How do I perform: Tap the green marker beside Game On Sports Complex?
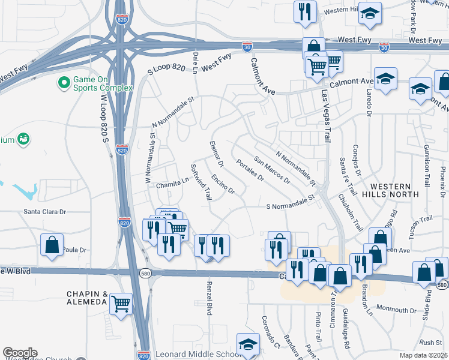(62, 81)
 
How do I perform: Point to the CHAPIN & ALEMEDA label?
(87, 299)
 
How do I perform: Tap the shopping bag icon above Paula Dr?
(52, 244)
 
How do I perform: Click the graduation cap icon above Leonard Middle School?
(247, 344)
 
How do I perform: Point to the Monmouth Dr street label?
(397, 310)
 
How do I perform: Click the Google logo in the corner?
(19, 353)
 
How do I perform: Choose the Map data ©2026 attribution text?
(424, 355)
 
